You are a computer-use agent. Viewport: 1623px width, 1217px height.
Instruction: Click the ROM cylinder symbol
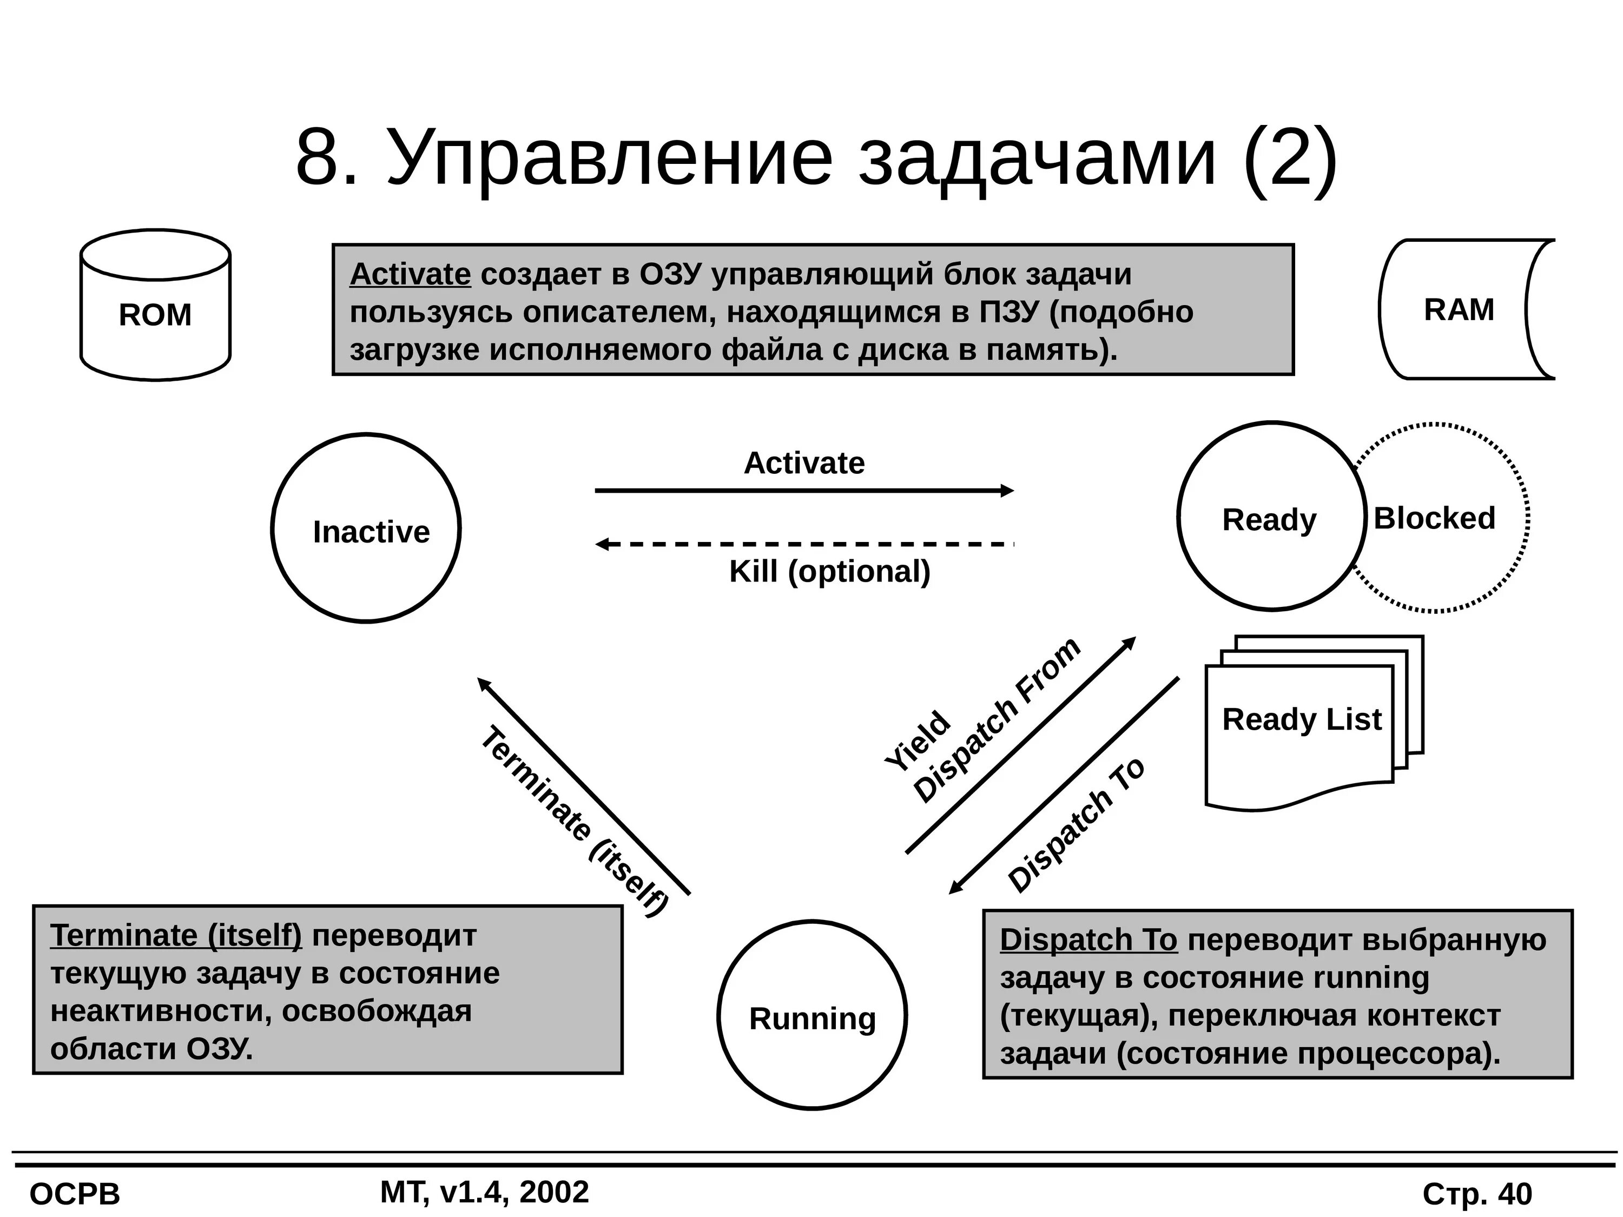(x=155, y=305)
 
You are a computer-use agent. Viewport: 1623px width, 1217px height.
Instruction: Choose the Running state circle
(x=811, y=1015)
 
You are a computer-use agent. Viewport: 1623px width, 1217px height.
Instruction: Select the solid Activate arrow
(x=803, y=491)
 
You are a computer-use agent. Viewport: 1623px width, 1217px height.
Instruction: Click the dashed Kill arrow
(x=803, y=544)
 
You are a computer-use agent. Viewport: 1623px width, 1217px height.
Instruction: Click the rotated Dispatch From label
(x=997, y=720)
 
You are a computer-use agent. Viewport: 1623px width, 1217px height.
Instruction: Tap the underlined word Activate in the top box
(x=410, y=274)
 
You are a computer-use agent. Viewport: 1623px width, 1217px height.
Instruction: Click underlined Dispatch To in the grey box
(x=1088, y=940)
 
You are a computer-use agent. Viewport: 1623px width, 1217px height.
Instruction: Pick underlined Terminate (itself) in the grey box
(x=176, y=935)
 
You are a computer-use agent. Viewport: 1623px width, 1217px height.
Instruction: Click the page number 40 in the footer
(x=1515, y=1194)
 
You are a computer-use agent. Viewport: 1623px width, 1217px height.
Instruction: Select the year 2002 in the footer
(x=554, y=1192)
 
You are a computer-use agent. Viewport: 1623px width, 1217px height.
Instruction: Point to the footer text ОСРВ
(x=75, y=1195)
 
